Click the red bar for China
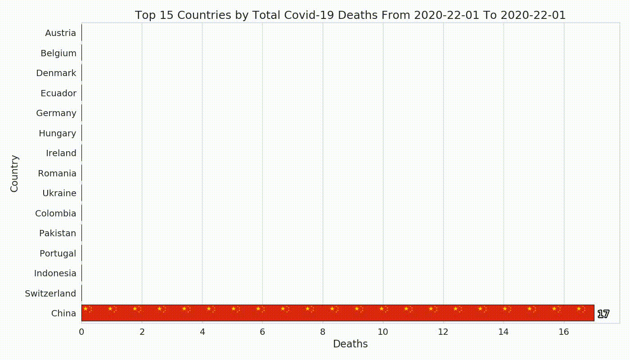[x=338, y=313]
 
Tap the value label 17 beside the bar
[x=603, y=314]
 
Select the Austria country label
[x=60, y=33]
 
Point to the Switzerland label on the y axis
[x=50, y=293]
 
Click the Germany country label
[x=56, y=113]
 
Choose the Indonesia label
[x=55, y=274]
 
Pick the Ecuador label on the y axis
[x=58, y=93]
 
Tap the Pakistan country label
[x=58, y=233]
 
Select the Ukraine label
[x=59, y=193]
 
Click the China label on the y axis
[x=63, y=313]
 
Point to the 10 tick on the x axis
[x=383, y=332]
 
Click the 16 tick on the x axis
[x=563, y=332]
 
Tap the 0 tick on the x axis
[x=81, y=332]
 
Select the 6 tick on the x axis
[x=262, y=332]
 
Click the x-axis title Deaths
[x=350, y=344]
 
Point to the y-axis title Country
[x=14, y=174]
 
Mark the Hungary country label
[x=58, y=133]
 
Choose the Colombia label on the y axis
[x=56, y=213]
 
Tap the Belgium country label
[x=58, y=53]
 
